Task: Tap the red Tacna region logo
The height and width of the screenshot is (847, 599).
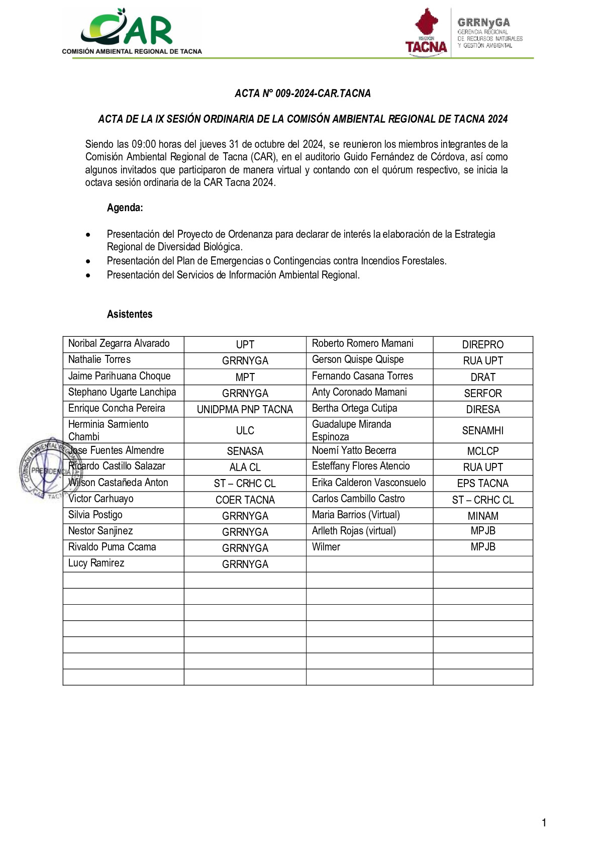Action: coord(426,31)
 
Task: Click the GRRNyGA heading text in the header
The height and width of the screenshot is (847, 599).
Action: coord(483,23)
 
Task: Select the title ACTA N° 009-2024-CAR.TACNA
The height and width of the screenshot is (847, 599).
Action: coord(303,93)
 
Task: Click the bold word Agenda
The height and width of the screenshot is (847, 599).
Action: coord(125,208)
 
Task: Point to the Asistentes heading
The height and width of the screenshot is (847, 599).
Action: coord(130,314)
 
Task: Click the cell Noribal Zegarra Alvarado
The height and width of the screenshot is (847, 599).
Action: coord(119,344)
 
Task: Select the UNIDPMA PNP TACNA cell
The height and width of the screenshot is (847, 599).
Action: coord(245,409)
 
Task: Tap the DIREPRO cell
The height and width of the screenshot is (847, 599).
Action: coord(482,345)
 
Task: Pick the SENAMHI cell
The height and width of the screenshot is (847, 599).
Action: coord(482,430)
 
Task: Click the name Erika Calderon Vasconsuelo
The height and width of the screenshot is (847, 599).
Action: coord(369,483)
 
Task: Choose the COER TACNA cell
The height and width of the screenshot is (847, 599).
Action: coord(245,500)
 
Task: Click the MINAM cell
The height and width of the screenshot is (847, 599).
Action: coord(482,516)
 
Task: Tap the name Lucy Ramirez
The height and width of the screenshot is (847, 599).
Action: coord(96,563)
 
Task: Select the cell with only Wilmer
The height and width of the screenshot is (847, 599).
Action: coord(326,547)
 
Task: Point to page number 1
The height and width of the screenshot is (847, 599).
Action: coord(544,823)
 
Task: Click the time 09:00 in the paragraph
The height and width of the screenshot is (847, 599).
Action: coord(143,144)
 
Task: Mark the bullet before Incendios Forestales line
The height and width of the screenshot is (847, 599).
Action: coord(88,261)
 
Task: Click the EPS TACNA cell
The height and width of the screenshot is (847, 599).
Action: coord(482,483)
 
